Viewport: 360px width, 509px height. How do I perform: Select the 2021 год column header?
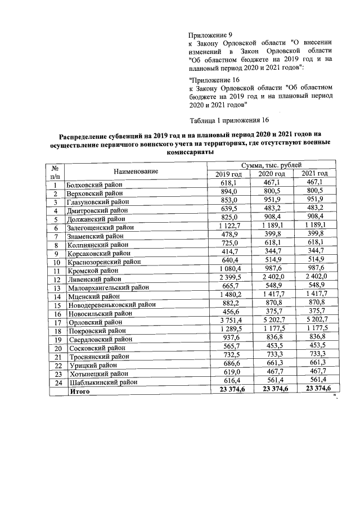tap(314, 173)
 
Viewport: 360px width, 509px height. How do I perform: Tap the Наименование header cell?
tap(136, 170)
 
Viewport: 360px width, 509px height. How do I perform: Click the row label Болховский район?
tap(94, 184)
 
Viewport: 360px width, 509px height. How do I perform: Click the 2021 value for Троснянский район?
tap(314, 355)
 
